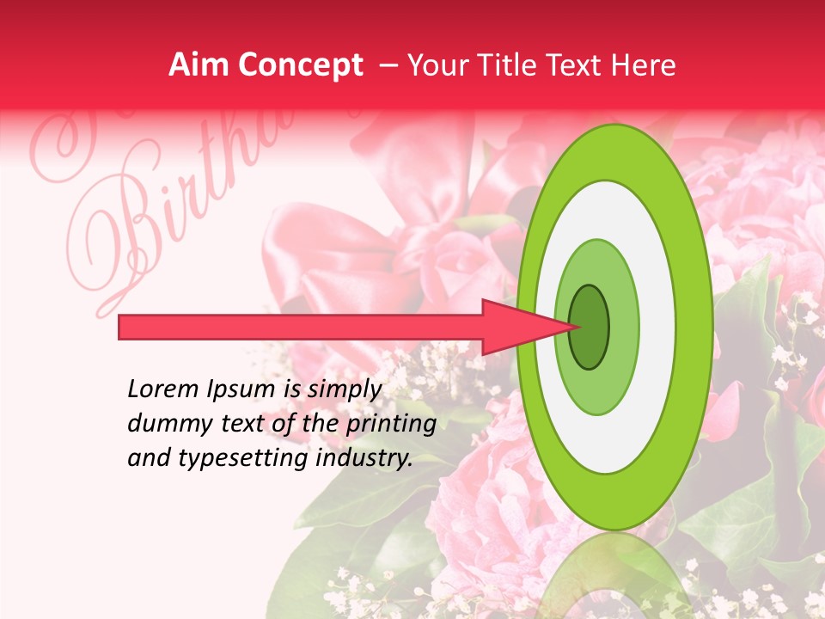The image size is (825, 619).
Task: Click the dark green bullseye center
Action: [590, 327]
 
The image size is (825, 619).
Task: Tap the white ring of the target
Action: [657, 327]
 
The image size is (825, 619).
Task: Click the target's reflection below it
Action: [615, 576]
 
